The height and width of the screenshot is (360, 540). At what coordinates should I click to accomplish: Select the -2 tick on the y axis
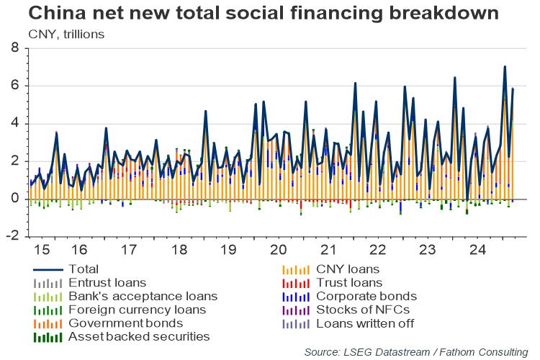(x=13, y=236)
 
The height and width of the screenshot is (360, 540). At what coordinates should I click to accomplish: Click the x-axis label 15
(x=42, y=251)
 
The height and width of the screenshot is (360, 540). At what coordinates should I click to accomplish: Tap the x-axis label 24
(x=476, y=251)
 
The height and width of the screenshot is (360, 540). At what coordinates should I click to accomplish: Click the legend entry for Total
(x=84, y=269)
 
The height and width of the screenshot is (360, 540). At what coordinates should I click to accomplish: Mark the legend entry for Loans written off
(x=364, y=323)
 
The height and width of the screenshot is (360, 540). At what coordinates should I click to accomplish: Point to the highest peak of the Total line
(x=505, y=67)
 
